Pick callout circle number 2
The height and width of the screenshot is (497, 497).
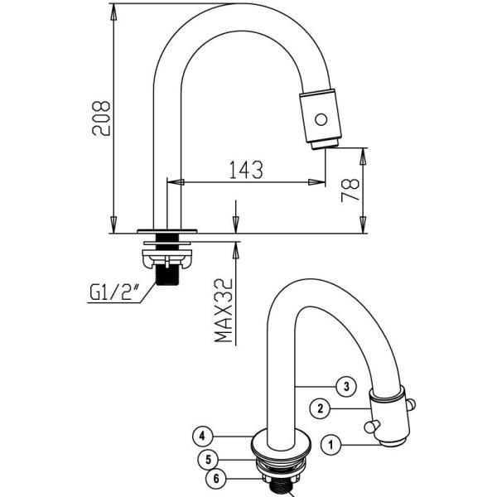(x=321, y=408)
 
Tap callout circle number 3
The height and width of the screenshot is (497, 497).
(x=345, y=385)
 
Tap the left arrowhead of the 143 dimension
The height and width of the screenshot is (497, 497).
(x=172, y=181)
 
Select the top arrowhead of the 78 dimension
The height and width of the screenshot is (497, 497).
(x=362, y=152)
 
